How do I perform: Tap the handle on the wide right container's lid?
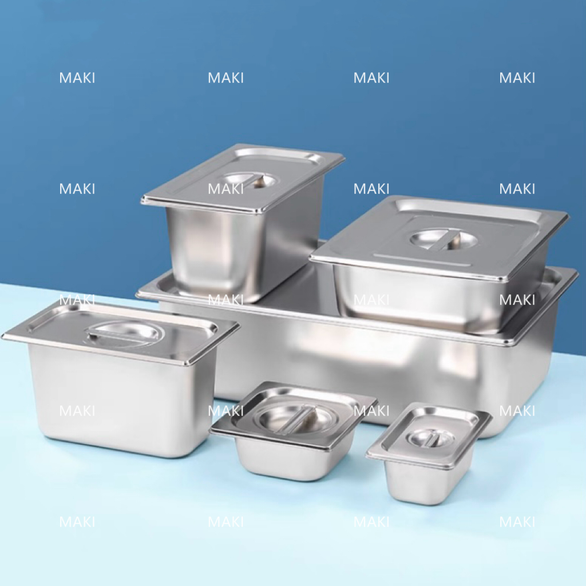point(445,239)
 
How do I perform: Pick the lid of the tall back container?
point(243,179)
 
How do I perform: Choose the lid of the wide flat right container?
point(439,240)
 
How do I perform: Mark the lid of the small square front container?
point(294,415)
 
